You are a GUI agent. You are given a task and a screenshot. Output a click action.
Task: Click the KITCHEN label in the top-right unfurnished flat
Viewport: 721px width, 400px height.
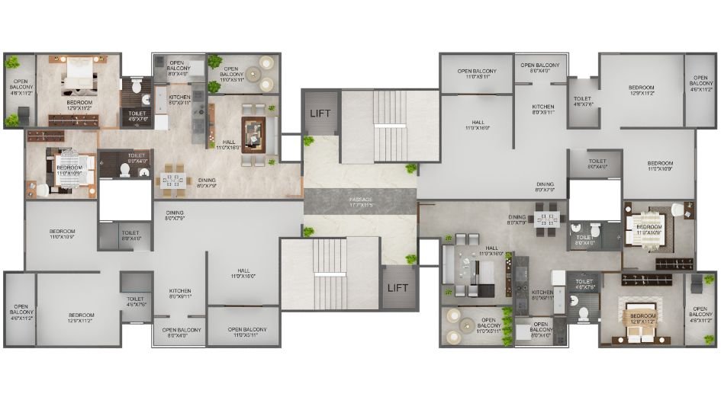(x=543, y=109)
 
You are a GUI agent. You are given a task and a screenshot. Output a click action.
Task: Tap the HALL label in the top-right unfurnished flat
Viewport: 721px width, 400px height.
(x=478, y=125)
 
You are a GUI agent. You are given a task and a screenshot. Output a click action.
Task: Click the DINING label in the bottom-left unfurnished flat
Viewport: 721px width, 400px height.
(x=175, y=216)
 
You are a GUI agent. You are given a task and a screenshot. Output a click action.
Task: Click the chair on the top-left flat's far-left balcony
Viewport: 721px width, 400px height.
(x=23, y=115)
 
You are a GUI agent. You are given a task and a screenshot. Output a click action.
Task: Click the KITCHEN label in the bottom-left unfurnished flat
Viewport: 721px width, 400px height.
(x=180, y=293)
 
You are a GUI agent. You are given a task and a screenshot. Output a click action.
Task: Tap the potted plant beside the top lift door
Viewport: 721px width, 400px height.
(x=308, y=141)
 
